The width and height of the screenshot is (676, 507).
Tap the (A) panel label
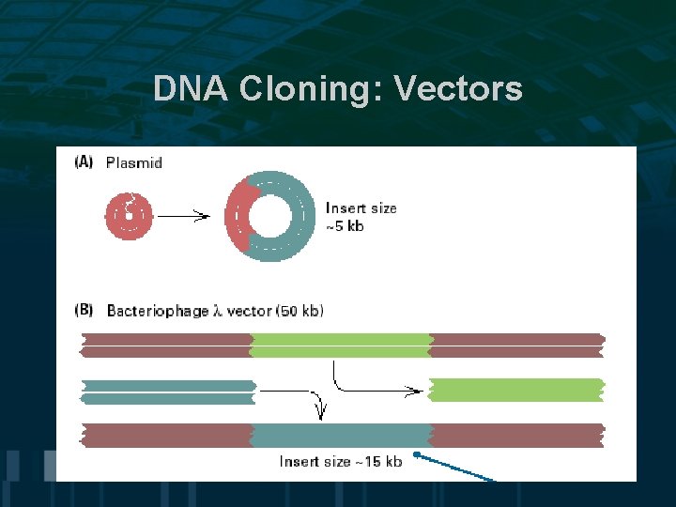point(84,162)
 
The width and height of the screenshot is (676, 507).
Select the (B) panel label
point(84,310)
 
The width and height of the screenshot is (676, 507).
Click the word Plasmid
point(133,162)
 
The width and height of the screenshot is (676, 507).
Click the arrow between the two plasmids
point(182,216)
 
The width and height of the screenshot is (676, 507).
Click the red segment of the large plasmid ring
point(236,215)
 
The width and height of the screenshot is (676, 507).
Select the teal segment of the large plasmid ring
point(300,216)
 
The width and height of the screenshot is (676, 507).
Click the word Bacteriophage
point(158,310)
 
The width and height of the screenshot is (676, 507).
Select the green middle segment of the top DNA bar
point(342,345)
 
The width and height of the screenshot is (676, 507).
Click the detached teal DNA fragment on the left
point(169,392)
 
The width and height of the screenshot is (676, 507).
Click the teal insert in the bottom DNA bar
point(342,435)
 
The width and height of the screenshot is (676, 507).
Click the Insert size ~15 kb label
point(341,461)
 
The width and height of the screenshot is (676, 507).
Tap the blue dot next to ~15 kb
point(416,455)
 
